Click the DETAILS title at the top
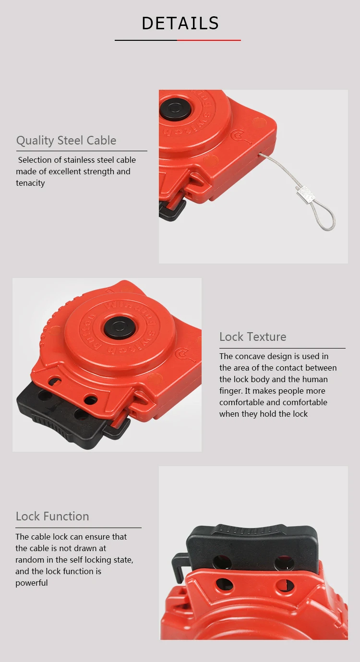click(180, 24)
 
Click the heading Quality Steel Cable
click(66, 141)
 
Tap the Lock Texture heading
click(252, 337)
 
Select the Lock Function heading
click(52, 516)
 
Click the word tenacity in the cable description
click(30, 183)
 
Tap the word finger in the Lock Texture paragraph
click(230, 391)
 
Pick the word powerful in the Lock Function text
click(32, 583)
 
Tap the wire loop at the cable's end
click(328, 219)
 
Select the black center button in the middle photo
click(120, 327)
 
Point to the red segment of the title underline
click(209, 40)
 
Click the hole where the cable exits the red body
click(260, 154)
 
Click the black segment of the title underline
click(146, 40)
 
